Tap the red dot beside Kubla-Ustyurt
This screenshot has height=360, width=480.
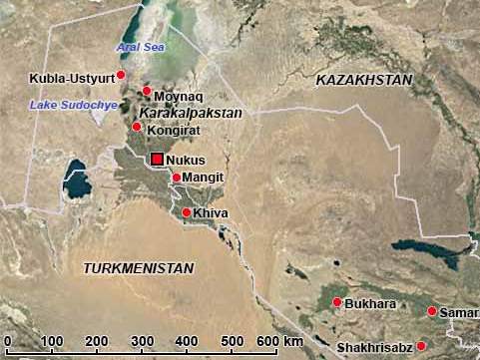tap(121, 74)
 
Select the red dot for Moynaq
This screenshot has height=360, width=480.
tap(146, 91)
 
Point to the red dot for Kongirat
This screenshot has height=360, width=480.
tap(137, 127)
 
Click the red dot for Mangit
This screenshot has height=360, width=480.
tap(177, 178)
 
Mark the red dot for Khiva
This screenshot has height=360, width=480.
tap(187, 212)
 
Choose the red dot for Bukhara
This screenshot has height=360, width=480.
tap(337, 302)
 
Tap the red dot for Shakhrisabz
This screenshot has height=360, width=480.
tap(421, 345)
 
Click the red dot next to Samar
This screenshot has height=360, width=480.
tap(432, 311)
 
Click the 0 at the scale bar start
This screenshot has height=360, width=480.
tap(7, 342)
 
